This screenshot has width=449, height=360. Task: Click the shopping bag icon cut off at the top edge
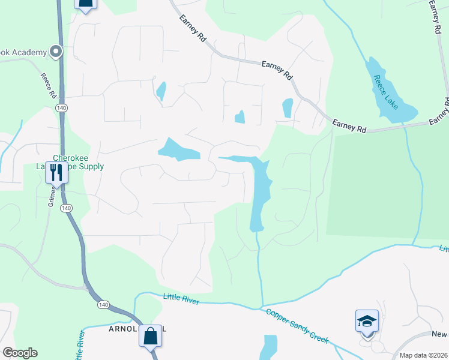tap(86, 5)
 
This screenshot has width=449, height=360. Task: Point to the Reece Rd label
tap(49, 86)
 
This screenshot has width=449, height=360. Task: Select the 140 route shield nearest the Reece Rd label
tap(61, 107)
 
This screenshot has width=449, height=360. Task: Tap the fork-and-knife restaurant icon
tap(56, 173)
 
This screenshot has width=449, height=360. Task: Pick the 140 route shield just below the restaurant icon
tap(66, 208)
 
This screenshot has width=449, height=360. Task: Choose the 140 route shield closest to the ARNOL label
tap(104, 305)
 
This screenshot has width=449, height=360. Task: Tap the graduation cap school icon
tap(367, 322)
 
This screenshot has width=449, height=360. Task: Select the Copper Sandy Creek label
tap(297, 326)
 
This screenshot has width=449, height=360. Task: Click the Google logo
tap(20, 353)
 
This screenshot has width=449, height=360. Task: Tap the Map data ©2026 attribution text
tap(423, 355)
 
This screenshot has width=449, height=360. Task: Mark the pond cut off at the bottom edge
tap(270, 347)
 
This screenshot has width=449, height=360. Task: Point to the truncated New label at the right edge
tap(439, 334)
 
